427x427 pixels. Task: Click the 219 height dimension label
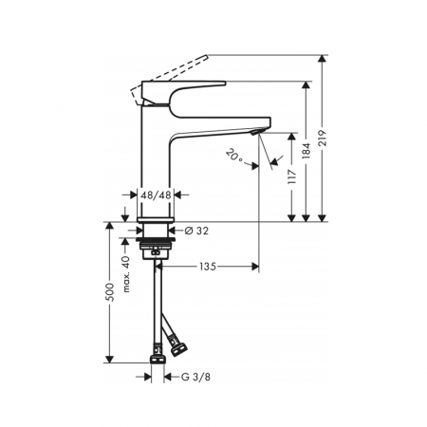pos(323,138)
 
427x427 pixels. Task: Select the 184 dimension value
pos(306,151)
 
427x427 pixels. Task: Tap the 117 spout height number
pos(292,176)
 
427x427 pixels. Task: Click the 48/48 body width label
pos(156,195)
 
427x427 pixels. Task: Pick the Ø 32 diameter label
pos(196,231)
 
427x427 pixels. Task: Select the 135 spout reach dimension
pos(208,267)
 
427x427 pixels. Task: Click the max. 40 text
pos(126,274)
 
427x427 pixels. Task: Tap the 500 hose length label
pos(109,292)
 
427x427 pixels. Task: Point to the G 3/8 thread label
pos(195,377)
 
